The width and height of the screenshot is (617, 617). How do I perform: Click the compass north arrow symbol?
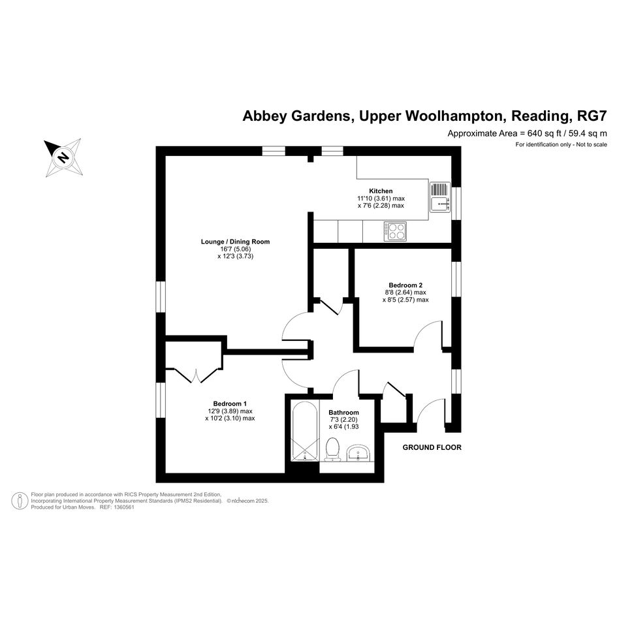(x=63, y=157)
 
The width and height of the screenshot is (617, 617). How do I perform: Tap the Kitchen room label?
(x=381, y=191)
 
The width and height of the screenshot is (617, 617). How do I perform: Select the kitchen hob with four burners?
(x=395, y=231)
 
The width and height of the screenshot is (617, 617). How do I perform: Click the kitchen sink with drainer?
(x=440, y=197)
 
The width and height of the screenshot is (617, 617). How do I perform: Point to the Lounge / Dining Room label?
(x=235, y=242)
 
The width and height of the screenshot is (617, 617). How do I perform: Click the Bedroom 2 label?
(x=405, y=285)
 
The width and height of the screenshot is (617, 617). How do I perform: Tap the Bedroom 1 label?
(x=230, y=403)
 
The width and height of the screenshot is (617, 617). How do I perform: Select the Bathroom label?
(x=344, y=413)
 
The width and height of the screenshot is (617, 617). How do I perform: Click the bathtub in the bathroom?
(x=304, y=431)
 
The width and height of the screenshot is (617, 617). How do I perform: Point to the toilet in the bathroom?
(x=333, y=449)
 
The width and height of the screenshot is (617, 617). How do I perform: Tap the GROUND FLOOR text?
(x=432, y=447)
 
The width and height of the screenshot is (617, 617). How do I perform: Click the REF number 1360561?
(x=124, y=507)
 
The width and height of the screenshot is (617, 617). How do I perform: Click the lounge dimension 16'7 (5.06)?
(x=235, y=249)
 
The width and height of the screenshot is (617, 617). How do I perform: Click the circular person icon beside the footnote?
(x=20, y=501)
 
